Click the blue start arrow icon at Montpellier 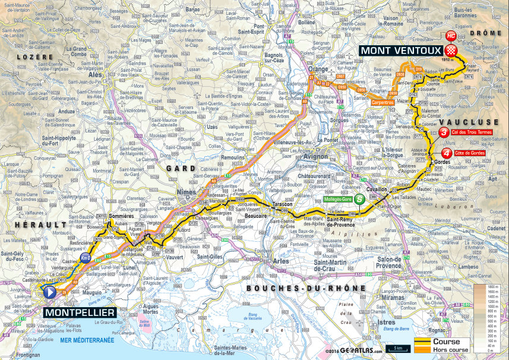click(50, 292)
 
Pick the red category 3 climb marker click(444, 133)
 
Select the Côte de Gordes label click(471, 153)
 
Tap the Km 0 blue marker click(85, 257)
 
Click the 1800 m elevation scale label click(491, 288)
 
